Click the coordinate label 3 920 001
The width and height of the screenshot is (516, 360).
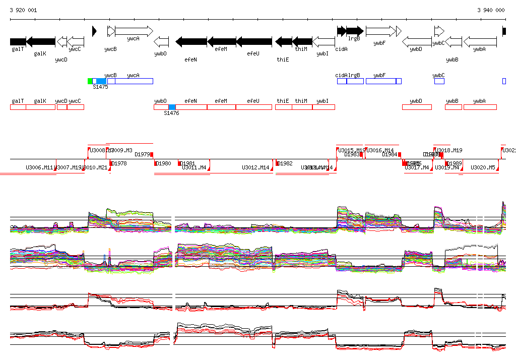coord(23,10)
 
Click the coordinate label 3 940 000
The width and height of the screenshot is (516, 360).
coord(491,10)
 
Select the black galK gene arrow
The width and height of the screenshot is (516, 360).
coord(41,42)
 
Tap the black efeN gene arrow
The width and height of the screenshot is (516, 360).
coord(191,42)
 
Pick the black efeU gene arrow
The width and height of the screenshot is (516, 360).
coord(254,42)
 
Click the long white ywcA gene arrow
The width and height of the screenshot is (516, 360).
coord(134,31)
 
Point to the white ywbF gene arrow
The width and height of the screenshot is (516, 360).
coord(381,31)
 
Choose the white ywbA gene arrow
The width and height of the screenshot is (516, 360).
coord(480,42)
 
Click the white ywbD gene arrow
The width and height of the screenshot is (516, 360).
coord(417,42)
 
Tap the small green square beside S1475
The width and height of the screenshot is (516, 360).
coord(90,81)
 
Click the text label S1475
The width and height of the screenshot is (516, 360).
coord(101,87)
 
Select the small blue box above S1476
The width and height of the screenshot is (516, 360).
coord(172,107)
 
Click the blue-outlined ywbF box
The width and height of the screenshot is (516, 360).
coord(380,81)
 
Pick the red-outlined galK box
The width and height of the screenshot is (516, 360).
coord(40,107)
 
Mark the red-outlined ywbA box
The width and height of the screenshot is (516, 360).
coord(480,107)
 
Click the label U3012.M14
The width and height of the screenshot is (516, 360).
coord(256,167)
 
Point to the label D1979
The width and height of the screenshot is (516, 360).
coord(143,154)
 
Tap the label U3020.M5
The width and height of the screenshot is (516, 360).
coord(483,167)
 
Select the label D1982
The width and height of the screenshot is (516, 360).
coord(285,163)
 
